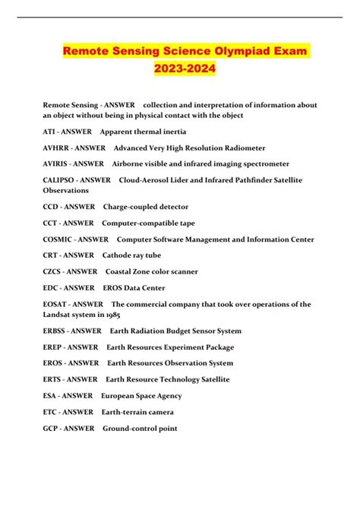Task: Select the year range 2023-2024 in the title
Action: tap(181, 69)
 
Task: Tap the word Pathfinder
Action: tap(248, 179)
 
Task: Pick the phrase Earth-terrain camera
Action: tap(137, 412)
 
